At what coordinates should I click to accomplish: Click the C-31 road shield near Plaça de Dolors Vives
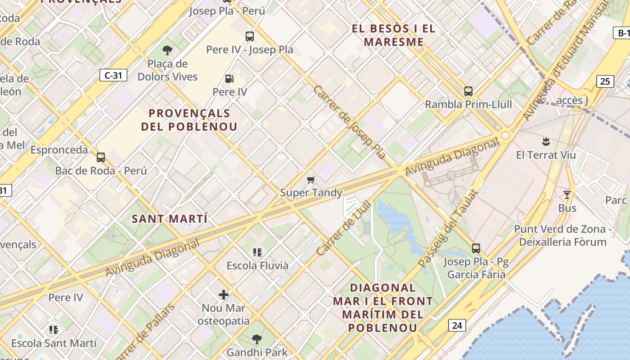pyautogui.click(x=113, y=75)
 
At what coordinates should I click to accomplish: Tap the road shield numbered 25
pyautogui.click(x=605, y=81)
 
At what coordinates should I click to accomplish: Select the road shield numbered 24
pyautogui.click(x=457, y=325)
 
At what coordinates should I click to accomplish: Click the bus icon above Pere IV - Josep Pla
pyautogui.click(x=249, y=36)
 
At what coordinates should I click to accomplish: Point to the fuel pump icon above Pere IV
pyautogui.click(x=229, y=79)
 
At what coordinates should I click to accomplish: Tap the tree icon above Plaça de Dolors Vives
pyautogui.click(x=167, y=50)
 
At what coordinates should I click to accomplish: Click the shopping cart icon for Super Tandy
pyautogui.click(x=310, y=180)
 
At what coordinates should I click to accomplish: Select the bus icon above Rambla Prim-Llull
pyautogui.click(x=468, y=91)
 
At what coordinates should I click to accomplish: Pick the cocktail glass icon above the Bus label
pyautogui.click(x=567, y=195)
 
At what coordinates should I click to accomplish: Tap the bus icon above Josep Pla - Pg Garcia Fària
pyautogui.click(x=476, y=248)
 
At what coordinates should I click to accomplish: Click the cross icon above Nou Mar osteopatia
pyautogui.click(x=224, y=295)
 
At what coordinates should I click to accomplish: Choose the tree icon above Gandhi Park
pyautogui.click(x=256, y=339)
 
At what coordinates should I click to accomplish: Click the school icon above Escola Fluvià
pyautogui.click(x=257, y=252)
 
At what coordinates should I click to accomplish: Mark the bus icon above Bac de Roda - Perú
pyautogui.click(x=101, y=157)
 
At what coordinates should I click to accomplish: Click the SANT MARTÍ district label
pyautogui.click(x=170, y=219)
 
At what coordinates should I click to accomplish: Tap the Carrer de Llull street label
pyautogui.click(x=344, y=228)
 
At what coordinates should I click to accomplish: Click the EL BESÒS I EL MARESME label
pyautogui.click(x=394, y=36)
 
